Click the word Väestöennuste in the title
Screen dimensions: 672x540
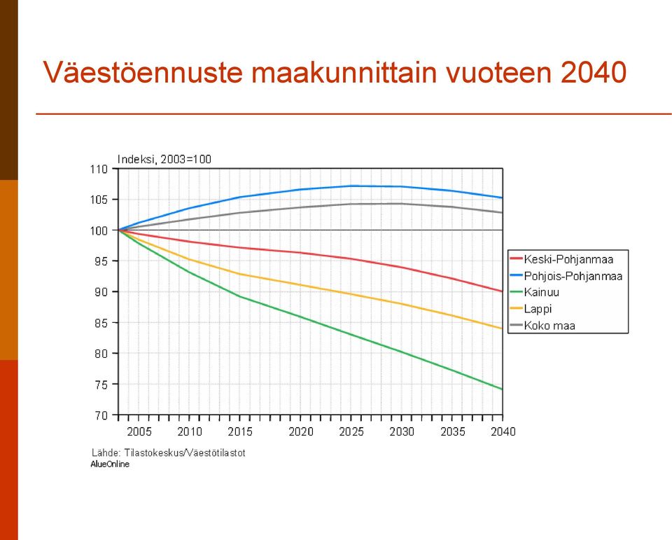[x=143, y=72]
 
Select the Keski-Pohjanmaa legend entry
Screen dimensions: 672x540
[x=562, y=259]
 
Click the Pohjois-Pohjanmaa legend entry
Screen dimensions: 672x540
[x=566, y=276]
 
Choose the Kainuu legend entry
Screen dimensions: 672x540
[x=535, y=292]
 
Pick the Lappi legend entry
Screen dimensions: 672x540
[x=531, y=309]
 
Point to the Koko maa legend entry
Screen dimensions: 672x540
[x=542, y=326]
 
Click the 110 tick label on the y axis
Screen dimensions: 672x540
[x=99, y=169]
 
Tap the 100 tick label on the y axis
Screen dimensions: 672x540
[x=99, y=230]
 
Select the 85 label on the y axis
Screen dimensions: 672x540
[x=101, y=323]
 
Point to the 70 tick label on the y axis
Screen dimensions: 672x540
[x=101, y=415]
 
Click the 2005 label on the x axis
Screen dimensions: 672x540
[x=139, y=431]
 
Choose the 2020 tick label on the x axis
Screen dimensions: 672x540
[x=301, y=431]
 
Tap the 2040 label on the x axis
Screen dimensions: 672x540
[x=503, y=431]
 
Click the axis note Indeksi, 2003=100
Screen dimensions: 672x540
[x=164, y=159]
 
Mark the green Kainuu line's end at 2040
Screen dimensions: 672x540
[x=503, y=389]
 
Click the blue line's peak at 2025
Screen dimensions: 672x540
[x=351, y=186]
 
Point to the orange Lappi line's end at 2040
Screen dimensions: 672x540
[x=503, y=328]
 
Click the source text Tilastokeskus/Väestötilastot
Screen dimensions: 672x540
[x=185, y=453]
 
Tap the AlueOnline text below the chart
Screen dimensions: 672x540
[x=110, y=464]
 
